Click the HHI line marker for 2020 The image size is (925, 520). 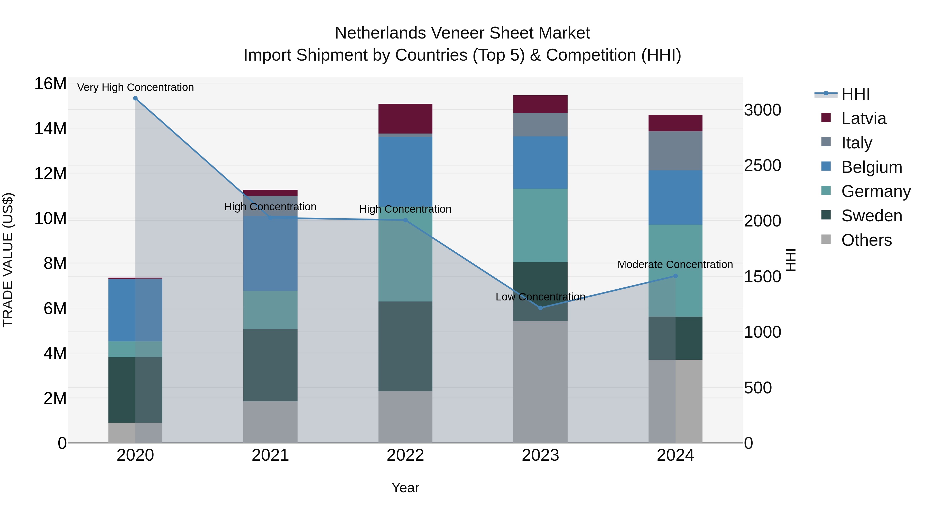135,98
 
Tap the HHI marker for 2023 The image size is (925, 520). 540,308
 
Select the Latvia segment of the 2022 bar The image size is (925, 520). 405,118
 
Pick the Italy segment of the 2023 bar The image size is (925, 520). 540,125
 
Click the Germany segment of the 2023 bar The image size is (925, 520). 540,225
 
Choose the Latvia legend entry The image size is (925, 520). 864,118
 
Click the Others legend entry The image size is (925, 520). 866,240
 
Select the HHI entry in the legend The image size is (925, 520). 855,94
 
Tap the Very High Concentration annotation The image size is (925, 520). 135,87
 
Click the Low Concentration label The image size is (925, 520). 540,297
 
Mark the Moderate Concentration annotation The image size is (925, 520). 675,264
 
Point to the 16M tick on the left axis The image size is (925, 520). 50,84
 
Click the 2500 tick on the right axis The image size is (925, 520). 762,165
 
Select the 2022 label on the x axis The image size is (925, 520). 405,455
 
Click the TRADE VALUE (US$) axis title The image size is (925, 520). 8,260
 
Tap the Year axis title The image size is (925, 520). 405,488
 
